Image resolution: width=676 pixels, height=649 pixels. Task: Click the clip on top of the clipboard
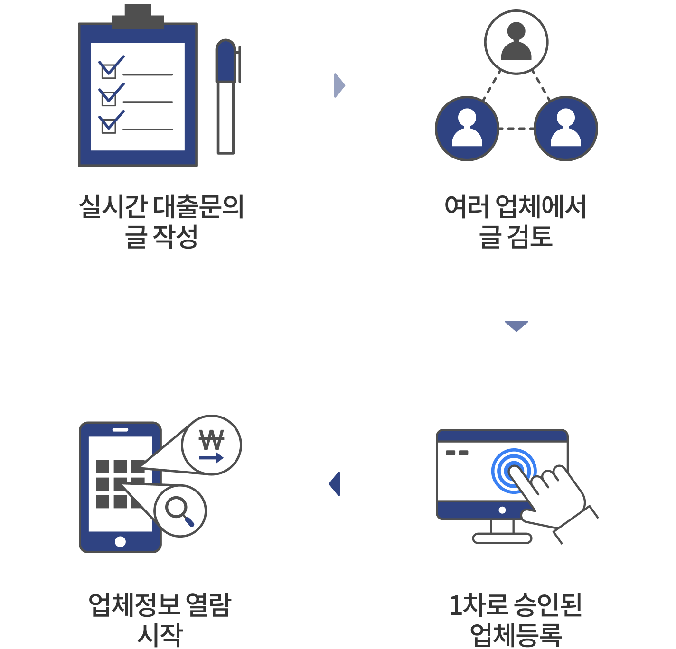138,16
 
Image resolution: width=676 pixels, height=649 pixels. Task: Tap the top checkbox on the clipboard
109,72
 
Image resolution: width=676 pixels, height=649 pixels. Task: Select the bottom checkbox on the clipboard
109,126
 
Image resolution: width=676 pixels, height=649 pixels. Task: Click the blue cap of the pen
225,61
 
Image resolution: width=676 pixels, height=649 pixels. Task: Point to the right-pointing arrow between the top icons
339,85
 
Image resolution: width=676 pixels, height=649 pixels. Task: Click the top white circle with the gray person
516,42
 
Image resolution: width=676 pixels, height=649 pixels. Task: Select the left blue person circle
467,129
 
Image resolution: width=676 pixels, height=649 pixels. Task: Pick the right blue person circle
565,129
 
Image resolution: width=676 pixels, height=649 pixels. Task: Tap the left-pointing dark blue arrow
335,484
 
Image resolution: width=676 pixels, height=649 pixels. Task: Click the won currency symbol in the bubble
211,440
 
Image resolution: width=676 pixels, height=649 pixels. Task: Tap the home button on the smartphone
120,541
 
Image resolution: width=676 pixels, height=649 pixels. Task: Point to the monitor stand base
502,538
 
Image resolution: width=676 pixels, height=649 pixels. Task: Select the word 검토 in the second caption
529,236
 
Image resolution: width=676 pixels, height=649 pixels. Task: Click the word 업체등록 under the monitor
516,635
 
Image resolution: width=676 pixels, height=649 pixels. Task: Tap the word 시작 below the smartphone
160,635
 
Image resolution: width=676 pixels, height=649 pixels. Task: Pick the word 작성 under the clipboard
175,236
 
